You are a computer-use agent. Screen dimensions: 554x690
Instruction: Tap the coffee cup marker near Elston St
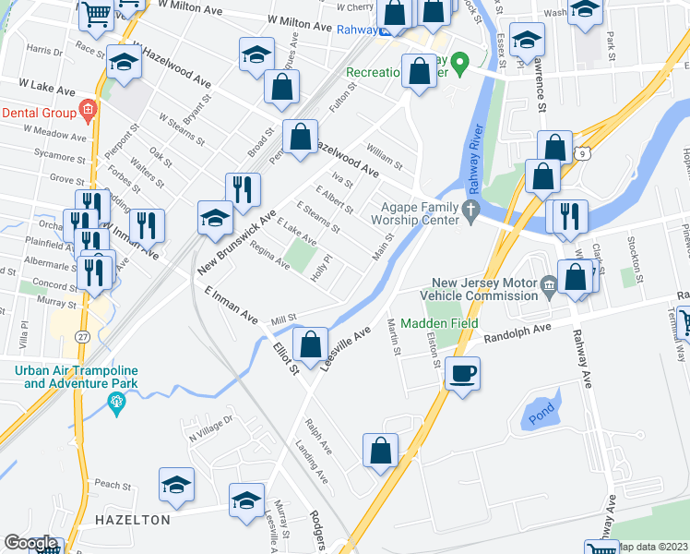click(462, 374)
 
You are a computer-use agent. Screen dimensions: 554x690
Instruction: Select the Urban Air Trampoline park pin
click(116, 401)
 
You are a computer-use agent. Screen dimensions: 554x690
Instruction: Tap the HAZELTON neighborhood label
click(133, 520)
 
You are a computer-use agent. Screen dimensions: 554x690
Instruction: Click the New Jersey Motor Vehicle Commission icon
click(551, 283)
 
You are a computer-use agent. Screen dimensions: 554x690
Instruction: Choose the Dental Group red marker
click(87, 112)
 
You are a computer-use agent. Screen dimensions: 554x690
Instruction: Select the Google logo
click(30, 543)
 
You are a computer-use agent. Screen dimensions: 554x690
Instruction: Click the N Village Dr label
click(212, 426)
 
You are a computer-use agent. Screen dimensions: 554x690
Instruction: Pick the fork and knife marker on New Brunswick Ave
click(244, 189)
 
